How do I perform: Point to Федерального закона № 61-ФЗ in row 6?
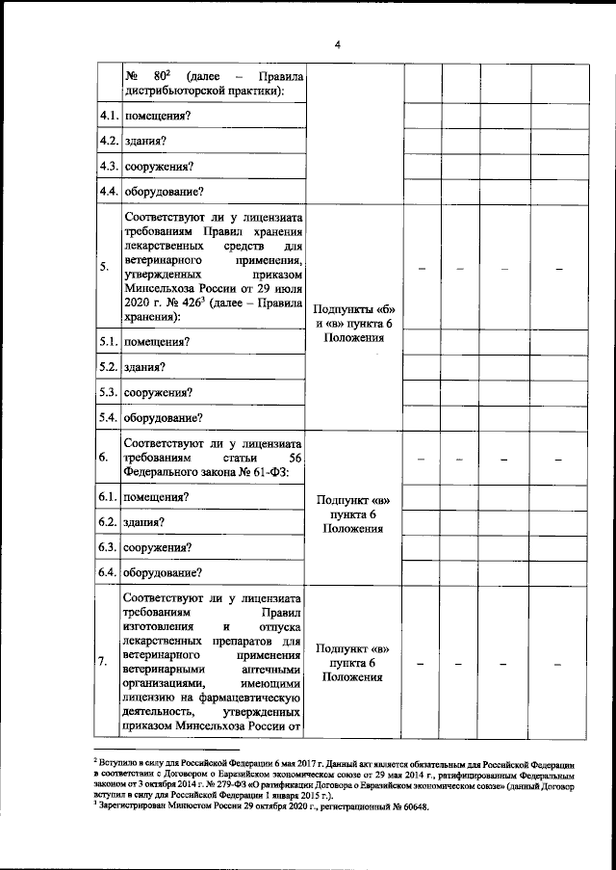coord(207,472)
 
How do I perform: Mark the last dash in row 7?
coord(558,664)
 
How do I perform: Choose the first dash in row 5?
coord(421,267)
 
